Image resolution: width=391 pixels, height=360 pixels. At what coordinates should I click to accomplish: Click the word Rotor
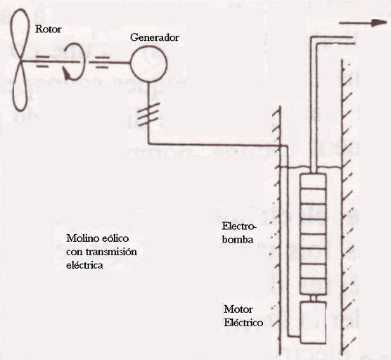[x=48, y=29]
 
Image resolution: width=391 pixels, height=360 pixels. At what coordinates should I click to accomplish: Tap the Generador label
[x=155, y=37]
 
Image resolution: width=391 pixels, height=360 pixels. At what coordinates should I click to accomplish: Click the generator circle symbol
[x=148, y=63]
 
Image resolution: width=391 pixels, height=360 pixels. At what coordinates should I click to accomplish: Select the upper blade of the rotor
[x=19, y=35]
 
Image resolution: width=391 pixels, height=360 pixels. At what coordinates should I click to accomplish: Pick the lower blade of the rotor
[x=20, y=86]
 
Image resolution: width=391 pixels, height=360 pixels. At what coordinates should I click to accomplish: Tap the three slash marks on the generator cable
[x=148, y=115]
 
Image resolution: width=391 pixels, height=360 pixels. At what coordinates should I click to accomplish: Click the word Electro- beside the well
[x=239, y=226]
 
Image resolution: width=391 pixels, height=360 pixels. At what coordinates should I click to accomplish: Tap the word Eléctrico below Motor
[x=243, y=323]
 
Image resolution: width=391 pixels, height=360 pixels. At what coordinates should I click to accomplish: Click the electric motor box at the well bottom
[x=313, y=323]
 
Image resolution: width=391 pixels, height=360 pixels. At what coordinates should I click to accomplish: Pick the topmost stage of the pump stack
[x=313, y=181]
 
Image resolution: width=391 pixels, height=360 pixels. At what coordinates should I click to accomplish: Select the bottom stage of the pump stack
[x=313, y=287]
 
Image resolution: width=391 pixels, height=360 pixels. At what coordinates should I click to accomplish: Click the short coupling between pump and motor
[x=314, y=298]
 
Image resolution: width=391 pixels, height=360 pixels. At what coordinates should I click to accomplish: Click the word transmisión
[x=112, y=252]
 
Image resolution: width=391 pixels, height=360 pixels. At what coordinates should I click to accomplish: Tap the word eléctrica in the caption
[x=85, y=265]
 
